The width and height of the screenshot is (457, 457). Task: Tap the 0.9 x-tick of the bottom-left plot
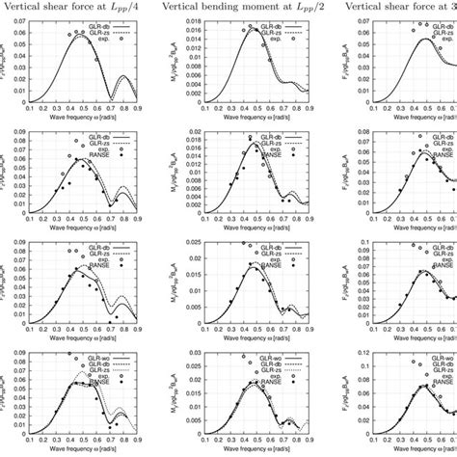[x=149, y=431]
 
